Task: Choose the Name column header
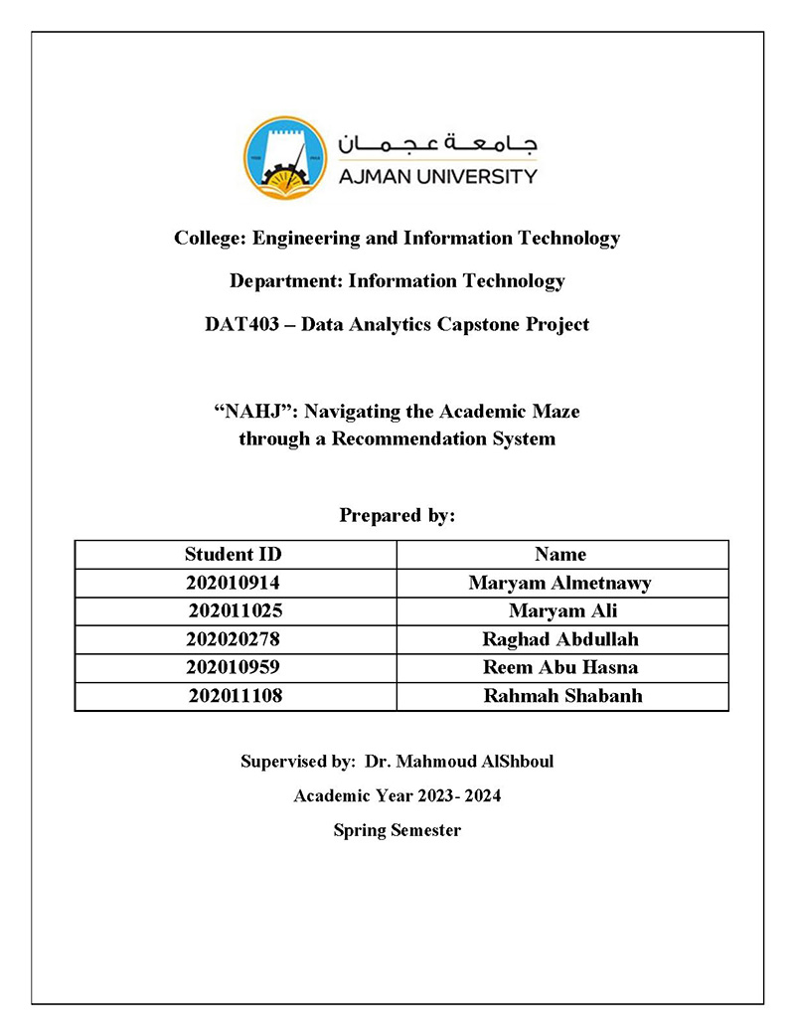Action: pos(560,554)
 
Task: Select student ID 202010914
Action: pos(234,583)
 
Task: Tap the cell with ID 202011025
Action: pos(236,610)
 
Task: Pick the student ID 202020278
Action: pos(234,639)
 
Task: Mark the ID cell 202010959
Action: pos(234,667)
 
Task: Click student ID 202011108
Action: pos(236,696)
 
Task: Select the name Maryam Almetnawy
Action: pos(560,583)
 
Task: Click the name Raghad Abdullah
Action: pos(560,639)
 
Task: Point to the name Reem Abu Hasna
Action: pos(560,667)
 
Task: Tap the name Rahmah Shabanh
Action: pos(562,696)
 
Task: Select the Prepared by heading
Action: pos(397,515)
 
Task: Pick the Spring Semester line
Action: pos(397,830)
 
